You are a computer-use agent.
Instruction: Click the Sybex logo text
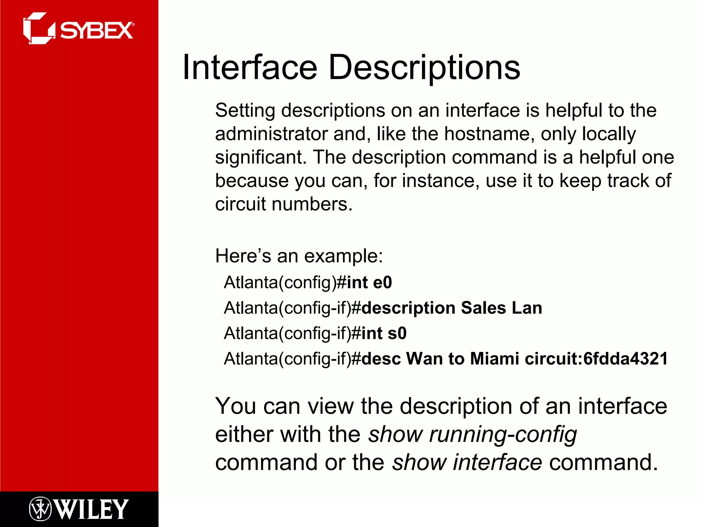point(97,31)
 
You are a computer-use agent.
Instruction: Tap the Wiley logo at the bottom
point(79,509)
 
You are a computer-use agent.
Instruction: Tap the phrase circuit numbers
point(284,204)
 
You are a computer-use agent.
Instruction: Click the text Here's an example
point(299,256)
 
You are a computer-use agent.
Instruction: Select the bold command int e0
point(369,283)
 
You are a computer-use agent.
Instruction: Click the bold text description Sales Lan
point(452,308)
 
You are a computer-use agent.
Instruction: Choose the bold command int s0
point(384,333)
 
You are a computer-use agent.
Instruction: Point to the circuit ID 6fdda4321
point(625,359)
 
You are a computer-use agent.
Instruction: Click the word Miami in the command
point(494,359)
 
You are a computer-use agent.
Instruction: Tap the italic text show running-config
point(472,435)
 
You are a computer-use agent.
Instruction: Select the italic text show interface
point(467,462)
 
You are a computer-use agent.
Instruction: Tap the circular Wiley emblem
point(40,509)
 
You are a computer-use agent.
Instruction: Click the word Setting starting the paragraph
point(245,111)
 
